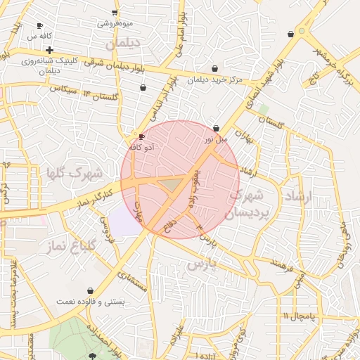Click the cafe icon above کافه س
(x=39, y=26)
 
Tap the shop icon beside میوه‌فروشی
(x=115, y=13)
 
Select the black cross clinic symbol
(x=49, y=50)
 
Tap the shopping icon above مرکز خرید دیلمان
(x=214, y=68)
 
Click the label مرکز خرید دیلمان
(x=215, y=80)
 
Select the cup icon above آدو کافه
(x=142, y=136)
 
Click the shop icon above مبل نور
(x=216, y=128)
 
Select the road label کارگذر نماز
(x=94, y=197)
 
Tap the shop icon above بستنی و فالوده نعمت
(x=90, y=290)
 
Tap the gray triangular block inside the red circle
(x=170, y=184)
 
